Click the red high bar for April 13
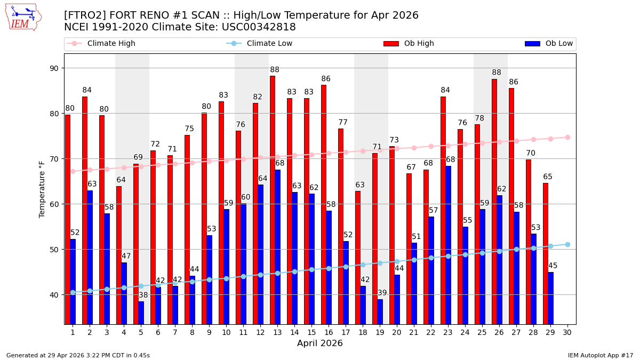[273, 200]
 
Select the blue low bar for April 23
[448, 245]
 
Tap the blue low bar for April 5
[141, 313]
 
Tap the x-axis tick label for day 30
[567, 332]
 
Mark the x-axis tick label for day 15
[311, 332]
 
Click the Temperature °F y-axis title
[43, 189]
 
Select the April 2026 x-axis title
[320, 343]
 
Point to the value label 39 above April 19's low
[382, 293]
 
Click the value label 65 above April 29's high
[548, 177]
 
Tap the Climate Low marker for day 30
[567, 244]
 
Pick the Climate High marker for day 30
[567, 137]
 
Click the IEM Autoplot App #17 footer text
[600, 355]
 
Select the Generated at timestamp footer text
[78, 355]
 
